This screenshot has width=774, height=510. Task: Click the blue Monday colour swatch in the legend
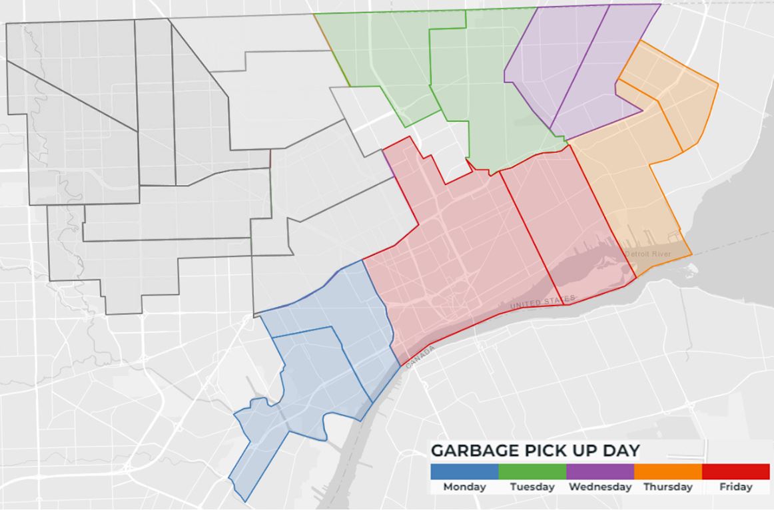464,471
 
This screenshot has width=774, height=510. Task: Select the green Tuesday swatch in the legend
532,471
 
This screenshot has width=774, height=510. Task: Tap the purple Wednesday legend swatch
600,471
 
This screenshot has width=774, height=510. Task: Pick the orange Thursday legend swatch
668,471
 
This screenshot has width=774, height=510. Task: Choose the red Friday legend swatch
735,471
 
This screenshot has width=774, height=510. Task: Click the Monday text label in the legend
464,487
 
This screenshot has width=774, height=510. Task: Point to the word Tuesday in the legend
532,487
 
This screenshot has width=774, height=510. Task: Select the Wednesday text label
600,487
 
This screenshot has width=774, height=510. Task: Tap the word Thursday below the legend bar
668,487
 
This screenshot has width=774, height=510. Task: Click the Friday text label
735,487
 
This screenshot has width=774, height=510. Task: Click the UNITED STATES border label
543,302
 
